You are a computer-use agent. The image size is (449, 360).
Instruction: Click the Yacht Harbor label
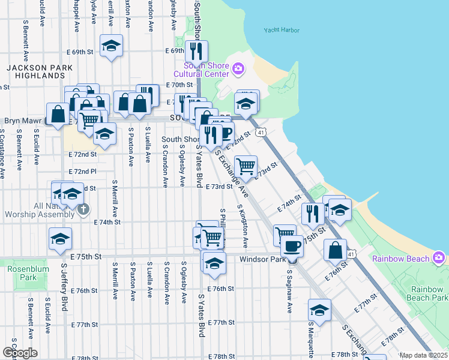click(281, 30)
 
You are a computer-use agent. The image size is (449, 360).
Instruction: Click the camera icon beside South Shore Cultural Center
click(238, 70)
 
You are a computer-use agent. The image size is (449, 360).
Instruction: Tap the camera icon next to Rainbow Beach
click(439, 258)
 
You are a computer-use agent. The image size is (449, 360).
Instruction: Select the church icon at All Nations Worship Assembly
click(83, 209)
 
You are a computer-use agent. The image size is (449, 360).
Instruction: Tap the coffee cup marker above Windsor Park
click(292, 245)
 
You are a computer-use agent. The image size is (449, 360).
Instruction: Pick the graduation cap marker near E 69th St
click(111, 47)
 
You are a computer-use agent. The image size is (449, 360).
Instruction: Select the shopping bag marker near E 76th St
click(335, 249)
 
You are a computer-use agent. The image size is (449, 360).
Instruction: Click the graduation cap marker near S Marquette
click(319, 310)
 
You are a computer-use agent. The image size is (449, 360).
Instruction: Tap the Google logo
click(20, 352)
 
